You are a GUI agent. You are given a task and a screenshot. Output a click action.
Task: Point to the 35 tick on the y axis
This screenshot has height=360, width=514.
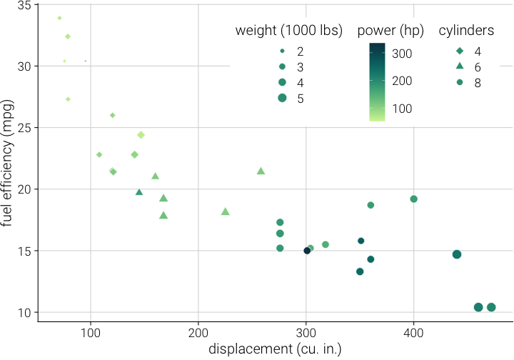point(26,5)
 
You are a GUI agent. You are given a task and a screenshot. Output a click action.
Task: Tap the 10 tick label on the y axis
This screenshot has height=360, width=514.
point(26,312)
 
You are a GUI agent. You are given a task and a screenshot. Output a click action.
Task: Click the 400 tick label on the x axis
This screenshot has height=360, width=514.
point(414,331)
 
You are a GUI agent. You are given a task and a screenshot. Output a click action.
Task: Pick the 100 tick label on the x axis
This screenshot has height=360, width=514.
point(90,331)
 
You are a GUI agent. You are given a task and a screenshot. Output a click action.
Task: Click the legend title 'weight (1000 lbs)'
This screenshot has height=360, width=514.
point(289,31)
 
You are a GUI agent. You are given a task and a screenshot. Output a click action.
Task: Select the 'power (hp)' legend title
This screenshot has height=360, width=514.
point(390,31)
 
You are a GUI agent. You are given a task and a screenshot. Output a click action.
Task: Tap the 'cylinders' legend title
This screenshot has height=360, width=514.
point(467,31)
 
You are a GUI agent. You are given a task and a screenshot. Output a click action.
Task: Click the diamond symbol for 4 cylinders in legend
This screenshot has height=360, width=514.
point(460,51)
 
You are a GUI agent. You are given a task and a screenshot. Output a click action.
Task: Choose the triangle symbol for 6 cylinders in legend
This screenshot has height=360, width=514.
point(460,66)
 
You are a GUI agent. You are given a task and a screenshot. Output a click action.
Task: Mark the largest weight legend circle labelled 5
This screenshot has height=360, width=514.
point(283,98)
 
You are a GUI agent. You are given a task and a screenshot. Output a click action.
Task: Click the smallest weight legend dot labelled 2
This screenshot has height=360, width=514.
point(283,51)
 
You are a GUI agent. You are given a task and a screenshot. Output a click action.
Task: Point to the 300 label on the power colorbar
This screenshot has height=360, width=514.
point(403,54)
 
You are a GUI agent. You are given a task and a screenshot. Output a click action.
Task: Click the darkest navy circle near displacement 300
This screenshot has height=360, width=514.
point(307,251)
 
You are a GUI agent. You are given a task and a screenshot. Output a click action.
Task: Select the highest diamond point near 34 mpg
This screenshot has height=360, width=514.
point(59,18)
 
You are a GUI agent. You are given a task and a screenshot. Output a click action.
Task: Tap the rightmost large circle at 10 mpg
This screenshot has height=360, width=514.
point(491,307)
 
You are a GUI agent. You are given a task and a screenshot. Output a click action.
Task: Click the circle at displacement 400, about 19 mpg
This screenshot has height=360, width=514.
point(414,199)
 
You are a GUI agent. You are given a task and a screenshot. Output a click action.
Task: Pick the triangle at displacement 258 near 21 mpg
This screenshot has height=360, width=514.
point(261,171)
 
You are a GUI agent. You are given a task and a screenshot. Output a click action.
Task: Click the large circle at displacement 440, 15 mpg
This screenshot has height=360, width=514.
point(457,254)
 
